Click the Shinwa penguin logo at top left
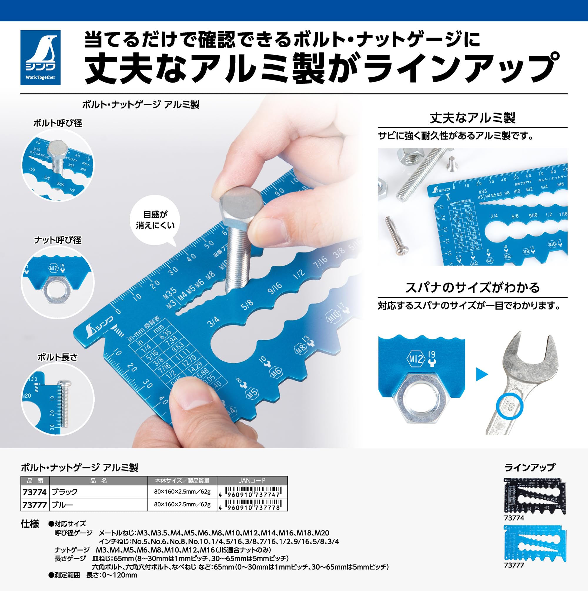(40, 57)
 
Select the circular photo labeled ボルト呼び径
(58, 165)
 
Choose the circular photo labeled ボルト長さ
(58, 399)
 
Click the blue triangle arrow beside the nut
(482, 374)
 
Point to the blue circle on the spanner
(509, 406)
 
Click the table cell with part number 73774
(35, 492)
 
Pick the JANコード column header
(252, 480)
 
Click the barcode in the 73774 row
(252, 492)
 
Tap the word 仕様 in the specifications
(30, 524)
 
